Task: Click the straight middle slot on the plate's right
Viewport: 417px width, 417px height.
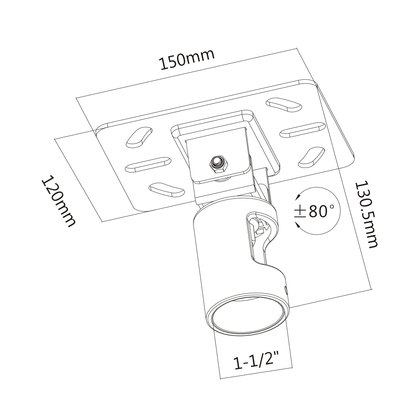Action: click(x=302, y=130)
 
